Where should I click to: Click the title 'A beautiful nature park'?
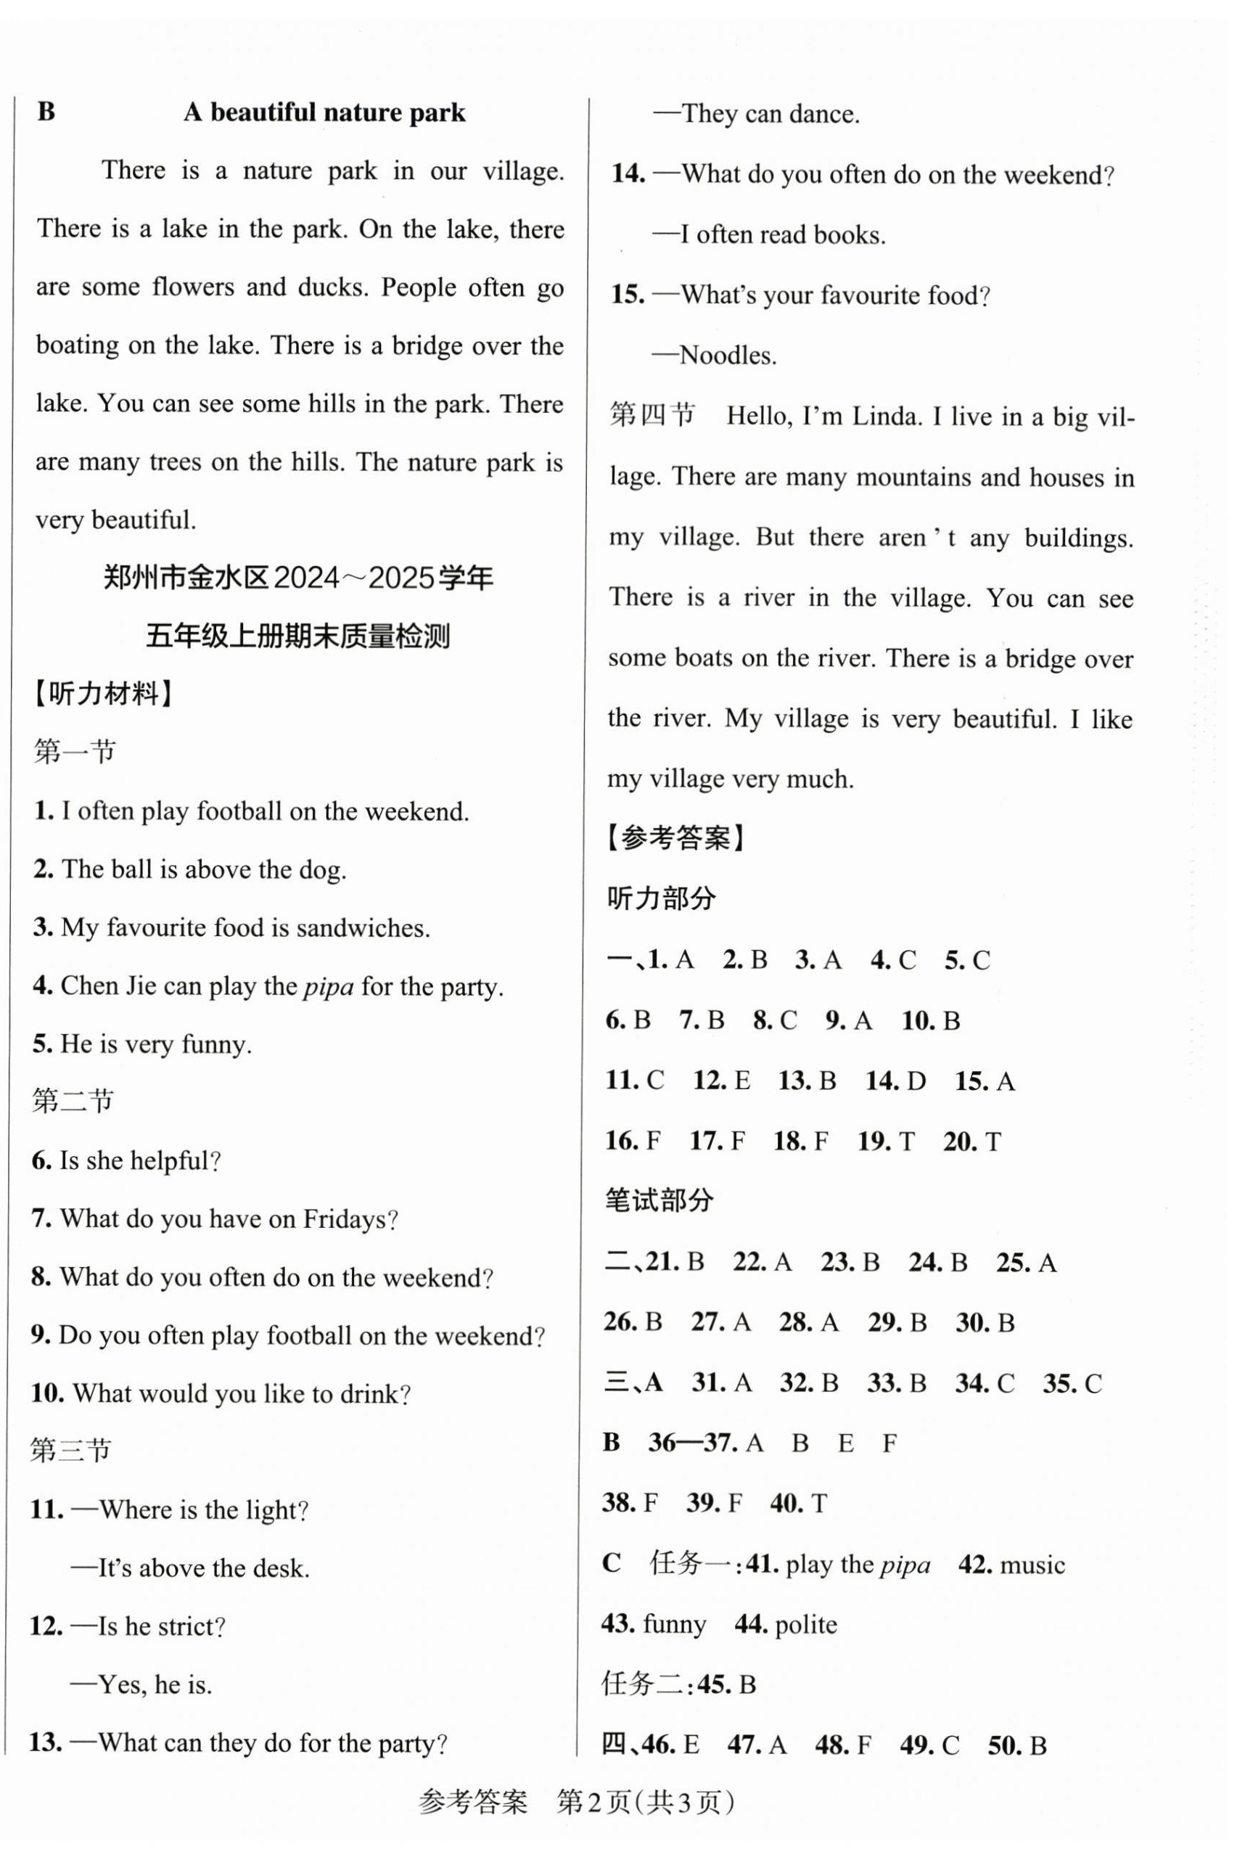tap(324, 112)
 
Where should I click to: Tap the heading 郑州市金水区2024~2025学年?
tap(297, 578)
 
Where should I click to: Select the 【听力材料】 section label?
tap(103, 693)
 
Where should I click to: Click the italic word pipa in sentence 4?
tap(328, 987)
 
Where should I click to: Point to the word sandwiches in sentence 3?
tap(362, 927)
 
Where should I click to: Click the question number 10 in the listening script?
tap(48, 1394)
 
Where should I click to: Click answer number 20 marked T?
tap(959, 1142)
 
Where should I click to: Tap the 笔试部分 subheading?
tap(659, 1200)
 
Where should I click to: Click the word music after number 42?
tap(1032, 1565)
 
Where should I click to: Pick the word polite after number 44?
tap(805, 1625)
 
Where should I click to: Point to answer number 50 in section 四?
tap(1003, 1745)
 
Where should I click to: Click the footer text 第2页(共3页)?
tap(646, 1803)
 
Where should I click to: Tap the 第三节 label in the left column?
tap(70, 1451)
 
